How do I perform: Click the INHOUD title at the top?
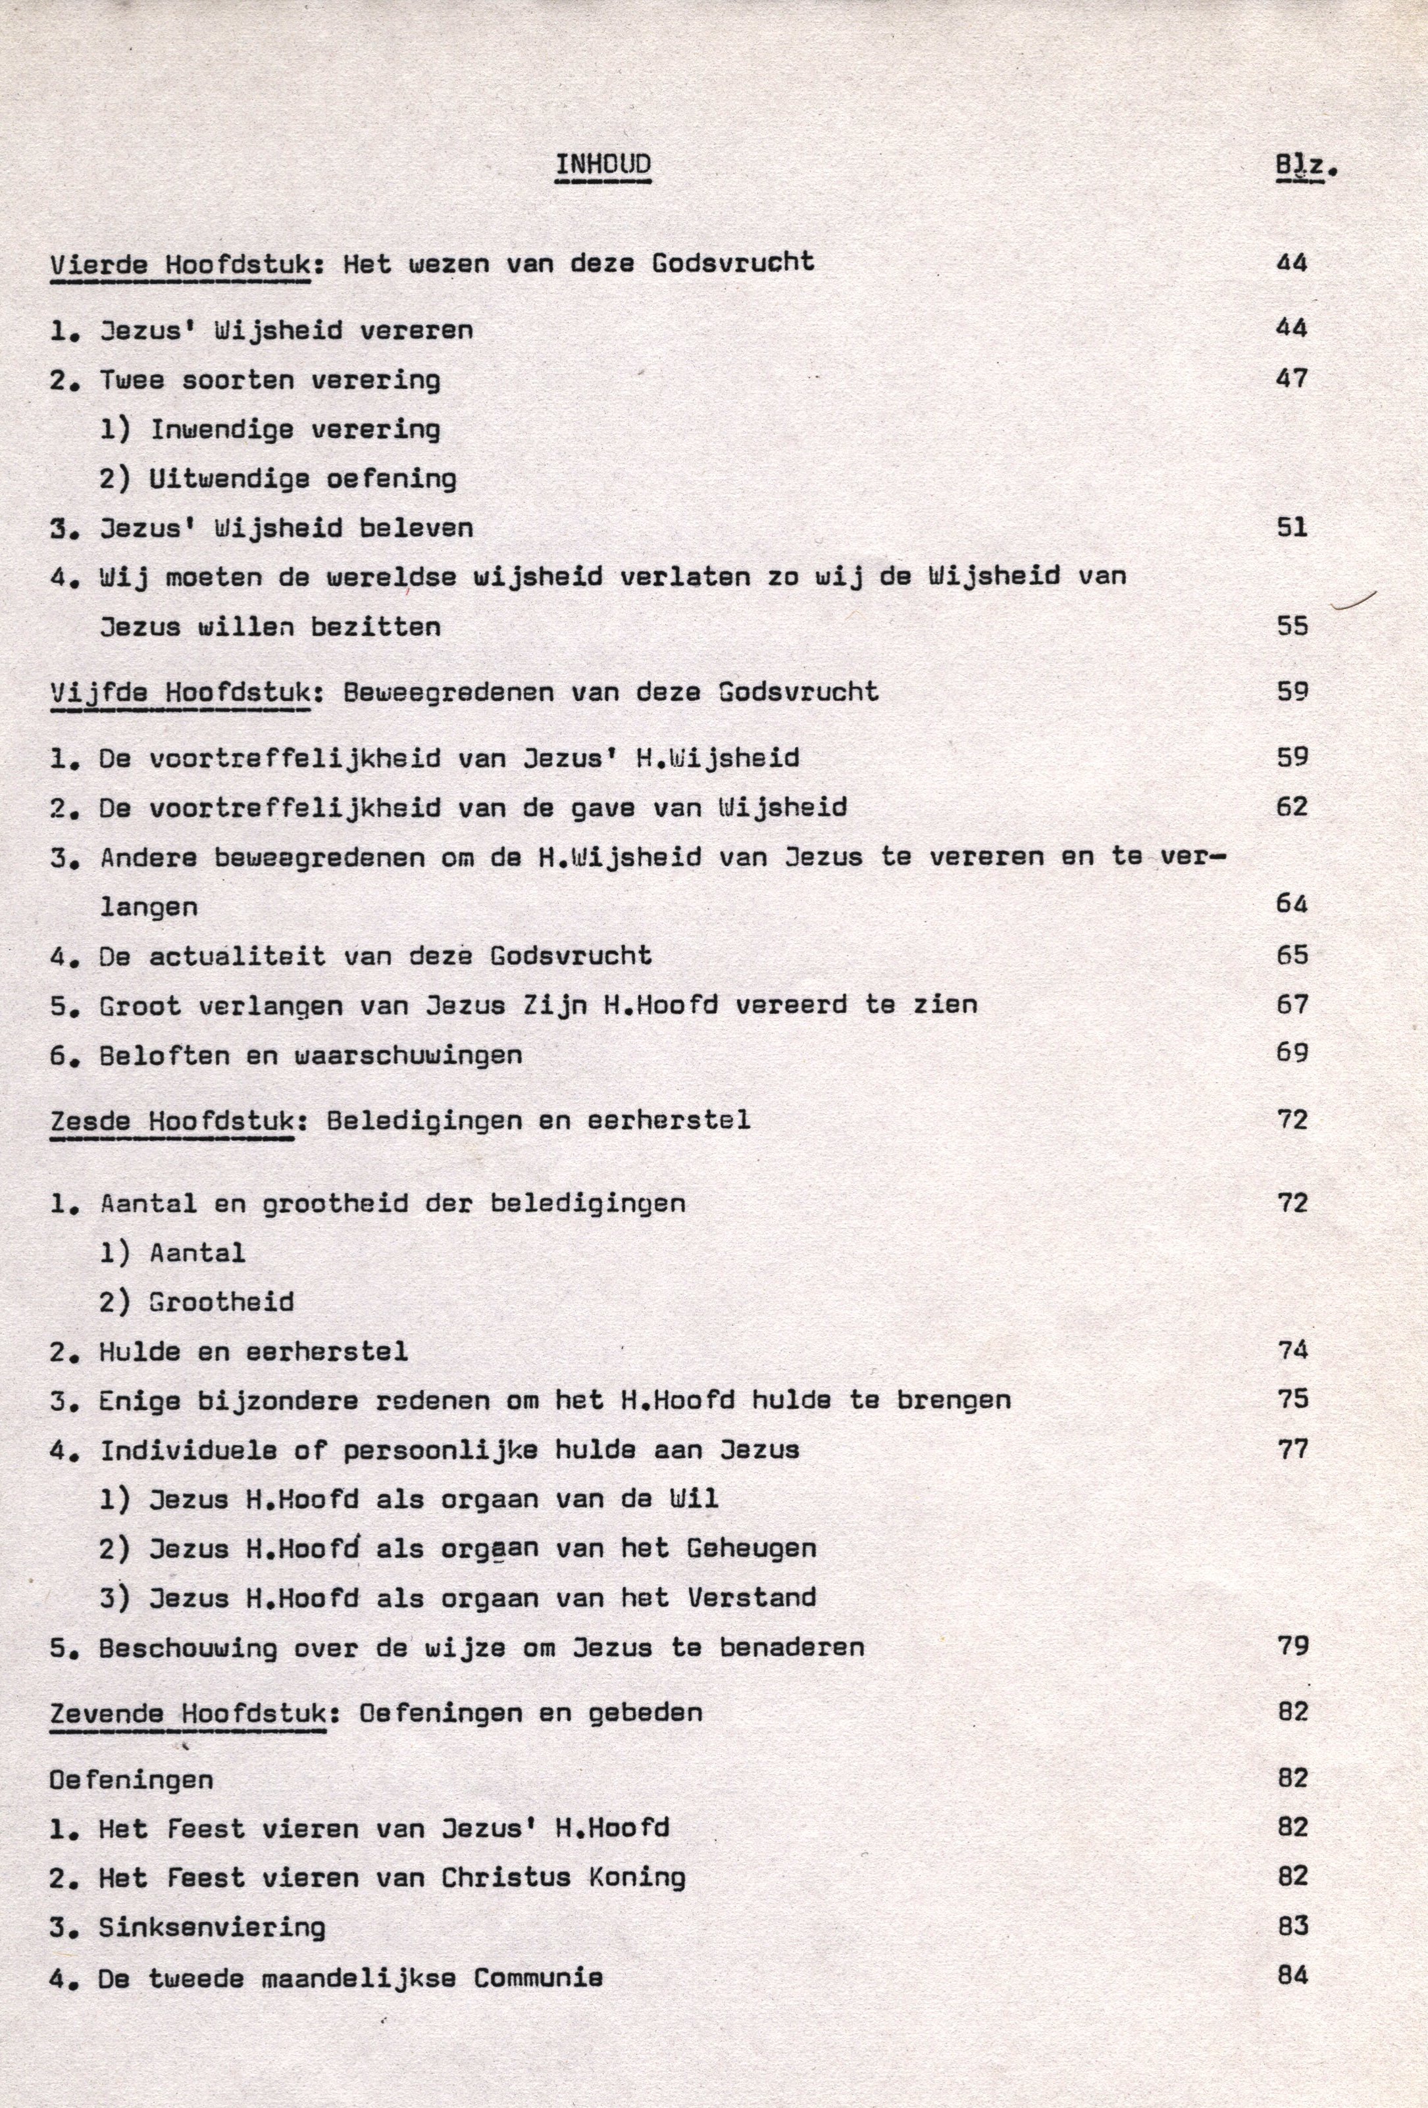pos(602,165)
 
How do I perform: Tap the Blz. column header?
pos(1306,167)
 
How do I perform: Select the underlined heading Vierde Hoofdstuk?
pos(179,265)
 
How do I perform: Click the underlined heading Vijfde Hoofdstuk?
pos(180,693)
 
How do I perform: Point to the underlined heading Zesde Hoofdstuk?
pos(172,1121)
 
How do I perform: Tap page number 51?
pos(1292,527)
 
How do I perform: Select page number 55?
pos(1292,626)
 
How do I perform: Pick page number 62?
pos(1292,806)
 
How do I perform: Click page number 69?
pos(1292,1053)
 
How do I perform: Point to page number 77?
pos(1292,1448)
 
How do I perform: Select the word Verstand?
pos(752,1598)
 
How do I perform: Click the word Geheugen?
pos(752,1548)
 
